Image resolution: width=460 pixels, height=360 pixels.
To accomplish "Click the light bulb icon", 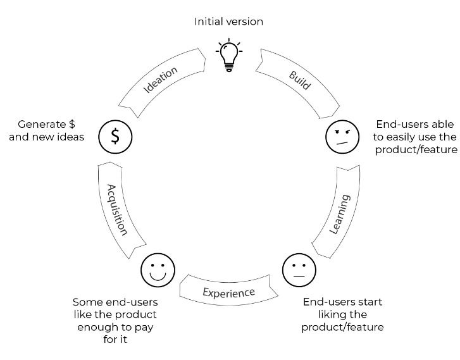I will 229,56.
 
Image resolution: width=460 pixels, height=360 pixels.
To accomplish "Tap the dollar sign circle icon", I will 115,136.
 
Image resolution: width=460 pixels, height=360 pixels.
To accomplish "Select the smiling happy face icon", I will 158,270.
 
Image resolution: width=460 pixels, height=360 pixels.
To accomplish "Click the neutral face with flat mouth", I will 298,270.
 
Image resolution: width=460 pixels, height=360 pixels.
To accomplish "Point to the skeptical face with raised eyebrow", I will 342,136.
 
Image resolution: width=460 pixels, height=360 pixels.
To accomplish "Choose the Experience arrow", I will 228,292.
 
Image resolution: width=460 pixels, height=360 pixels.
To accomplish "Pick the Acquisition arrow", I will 118,209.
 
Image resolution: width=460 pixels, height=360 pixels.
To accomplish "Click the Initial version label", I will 228,22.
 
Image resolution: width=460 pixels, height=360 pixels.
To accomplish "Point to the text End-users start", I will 342,302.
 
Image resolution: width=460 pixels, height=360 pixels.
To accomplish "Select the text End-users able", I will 415,124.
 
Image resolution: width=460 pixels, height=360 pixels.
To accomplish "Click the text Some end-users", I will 115,302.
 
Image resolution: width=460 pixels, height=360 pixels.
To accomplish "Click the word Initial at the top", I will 210,22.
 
